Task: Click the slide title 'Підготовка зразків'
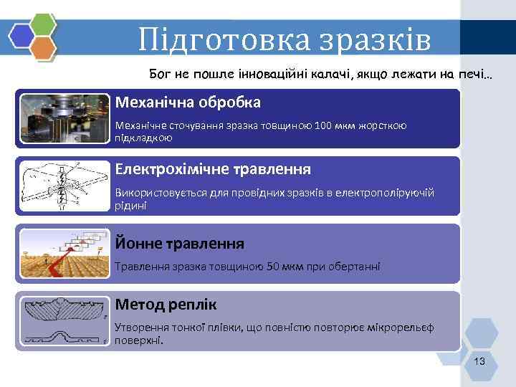tap(285, 39)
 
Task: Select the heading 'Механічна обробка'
tap(188, 102)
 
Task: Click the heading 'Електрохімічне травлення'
tap(213, 169)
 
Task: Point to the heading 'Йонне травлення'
tap(180, 243)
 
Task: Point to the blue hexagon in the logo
tap(21, 34)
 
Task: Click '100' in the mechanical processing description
tap(323, 126)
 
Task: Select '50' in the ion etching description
tap(275, 267)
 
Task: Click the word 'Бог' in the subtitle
tap(160, 74)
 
